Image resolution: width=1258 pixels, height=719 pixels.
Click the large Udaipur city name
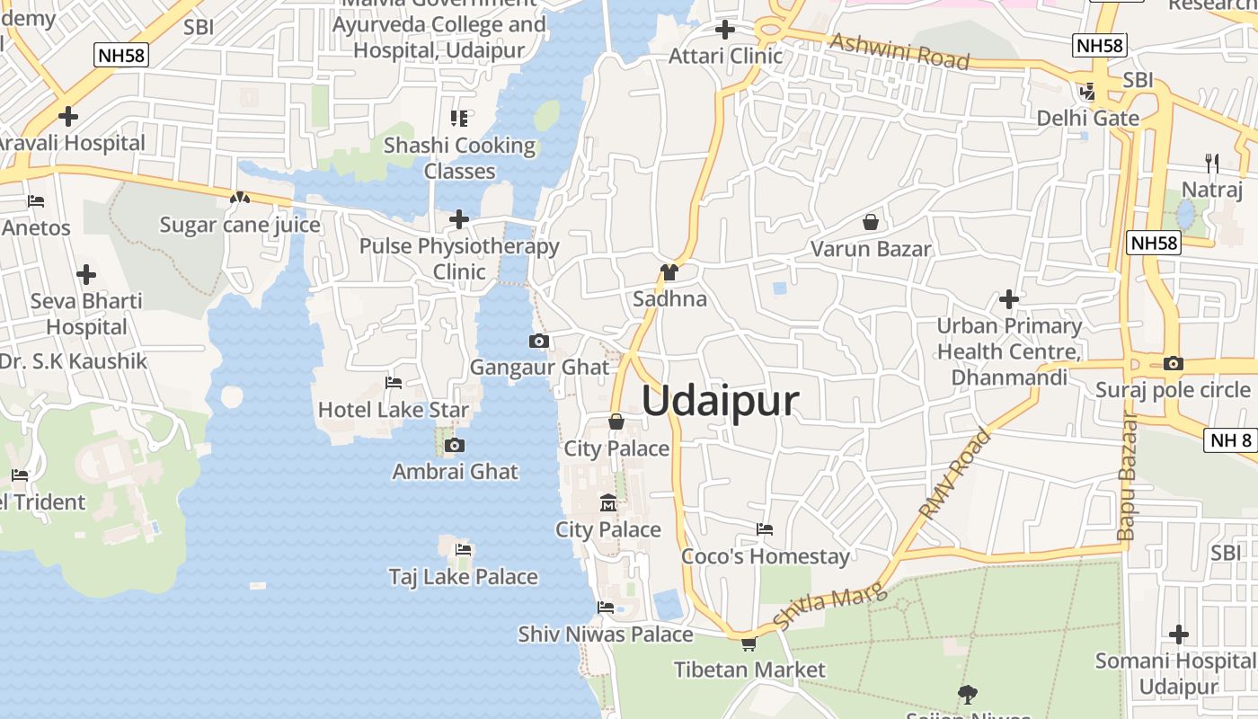coord(720,401)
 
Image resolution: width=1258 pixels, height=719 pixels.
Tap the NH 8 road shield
coord(1230,439)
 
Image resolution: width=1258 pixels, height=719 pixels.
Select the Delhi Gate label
coord(1087,119)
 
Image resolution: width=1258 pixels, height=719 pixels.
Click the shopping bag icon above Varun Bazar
coord(870,222)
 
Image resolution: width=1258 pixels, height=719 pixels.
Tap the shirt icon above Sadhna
coord(669,272)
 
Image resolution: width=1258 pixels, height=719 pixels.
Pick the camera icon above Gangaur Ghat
coord(539,341)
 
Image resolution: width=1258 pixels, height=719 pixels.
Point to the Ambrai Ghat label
coord(456,471)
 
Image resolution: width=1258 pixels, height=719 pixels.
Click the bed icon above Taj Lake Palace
coord(464,549)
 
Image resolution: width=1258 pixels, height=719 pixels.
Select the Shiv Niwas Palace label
coord(606,635)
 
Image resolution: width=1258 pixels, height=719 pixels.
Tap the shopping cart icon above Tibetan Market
coord(749,644)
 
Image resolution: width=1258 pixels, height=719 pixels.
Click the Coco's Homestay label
coord(766,556)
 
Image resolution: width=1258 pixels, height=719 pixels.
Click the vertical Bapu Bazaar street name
coord(1128,475)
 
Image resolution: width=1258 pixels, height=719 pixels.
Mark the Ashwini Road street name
coord(899,51)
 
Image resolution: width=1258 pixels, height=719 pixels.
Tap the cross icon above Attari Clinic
coord(725,30)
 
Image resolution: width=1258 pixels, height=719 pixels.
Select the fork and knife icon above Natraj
coord(1212,163)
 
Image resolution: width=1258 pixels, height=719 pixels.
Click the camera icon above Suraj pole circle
coord(1173,364)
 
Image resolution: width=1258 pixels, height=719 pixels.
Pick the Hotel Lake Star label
coord(394,411)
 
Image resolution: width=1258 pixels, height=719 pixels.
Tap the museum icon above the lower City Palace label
coord(608,502)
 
